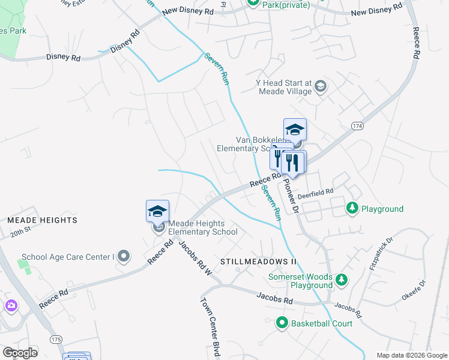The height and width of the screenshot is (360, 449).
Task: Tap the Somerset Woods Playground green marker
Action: pos(342,280)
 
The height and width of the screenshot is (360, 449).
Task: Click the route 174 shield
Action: pos(358,125)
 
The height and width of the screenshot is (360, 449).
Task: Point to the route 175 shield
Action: pos(56,340)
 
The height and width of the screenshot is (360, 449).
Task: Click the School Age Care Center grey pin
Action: pos(124,257)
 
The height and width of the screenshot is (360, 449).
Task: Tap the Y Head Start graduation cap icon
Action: pos(321,86)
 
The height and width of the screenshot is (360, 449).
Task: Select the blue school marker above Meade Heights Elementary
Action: pos(157,211)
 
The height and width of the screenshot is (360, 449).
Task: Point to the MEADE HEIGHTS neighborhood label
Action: pos(43,220)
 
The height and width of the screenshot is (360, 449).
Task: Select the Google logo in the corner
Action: pos(20,352)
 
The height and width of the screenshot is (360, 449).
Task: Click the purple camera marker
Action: pos(11,307)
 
